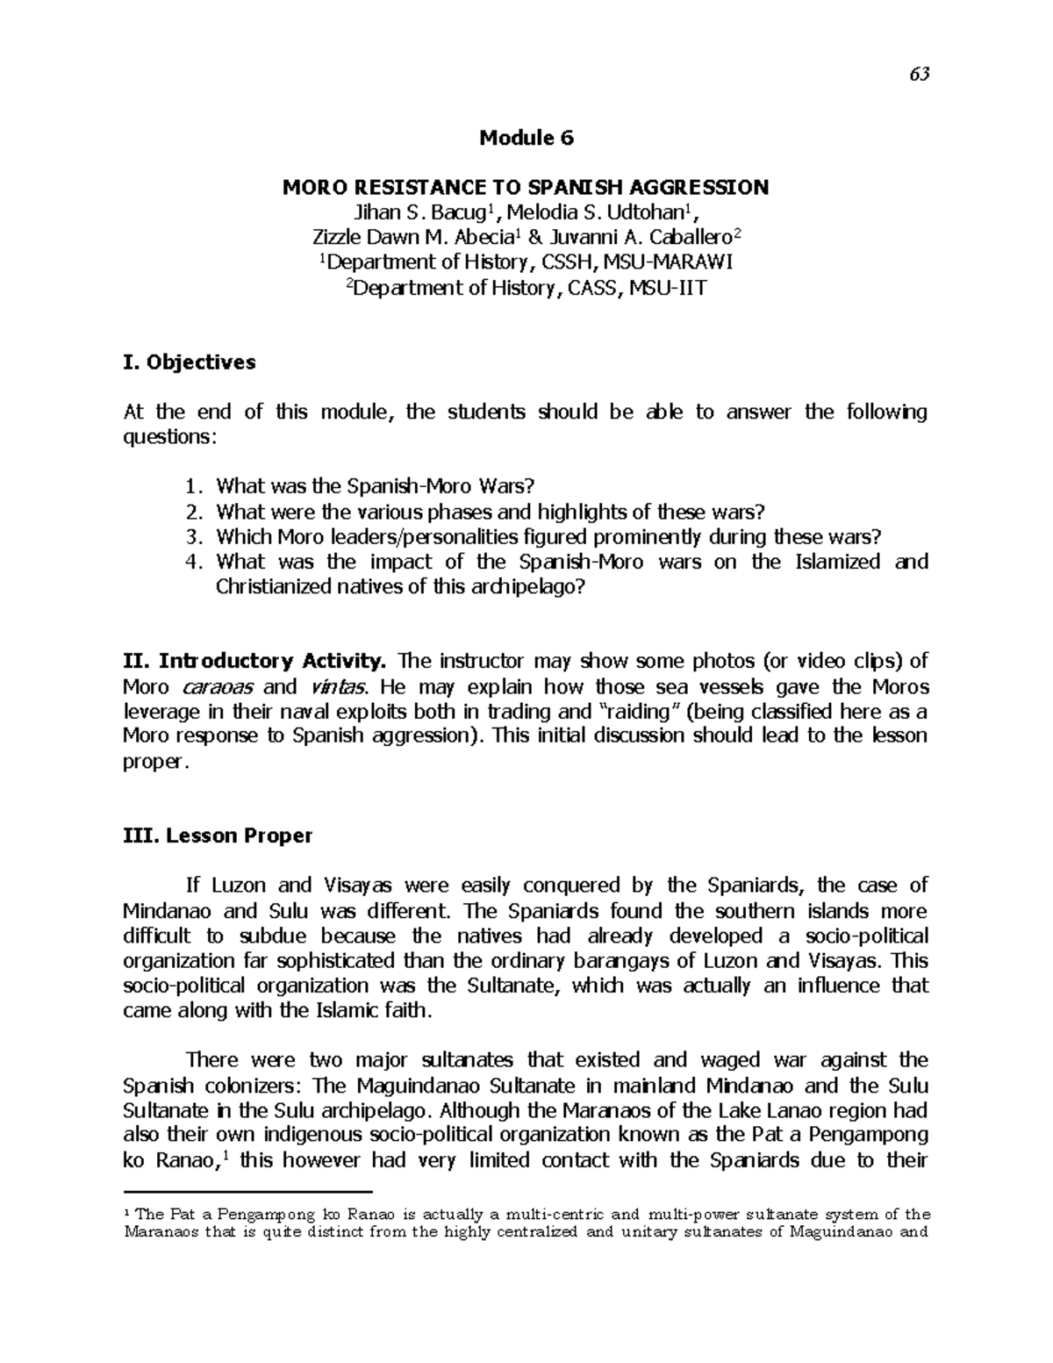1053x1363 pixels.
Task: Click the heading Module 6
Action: [526, 138]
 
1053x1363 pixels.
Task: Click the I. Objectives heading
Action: [190, 362]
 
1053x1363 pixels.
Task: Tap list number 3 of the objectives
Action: [198, 536]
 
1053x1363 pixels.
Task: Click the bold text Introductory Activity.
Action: [270, 661]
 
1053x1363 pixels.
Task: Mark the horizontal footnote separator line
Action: [248, 1192]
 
